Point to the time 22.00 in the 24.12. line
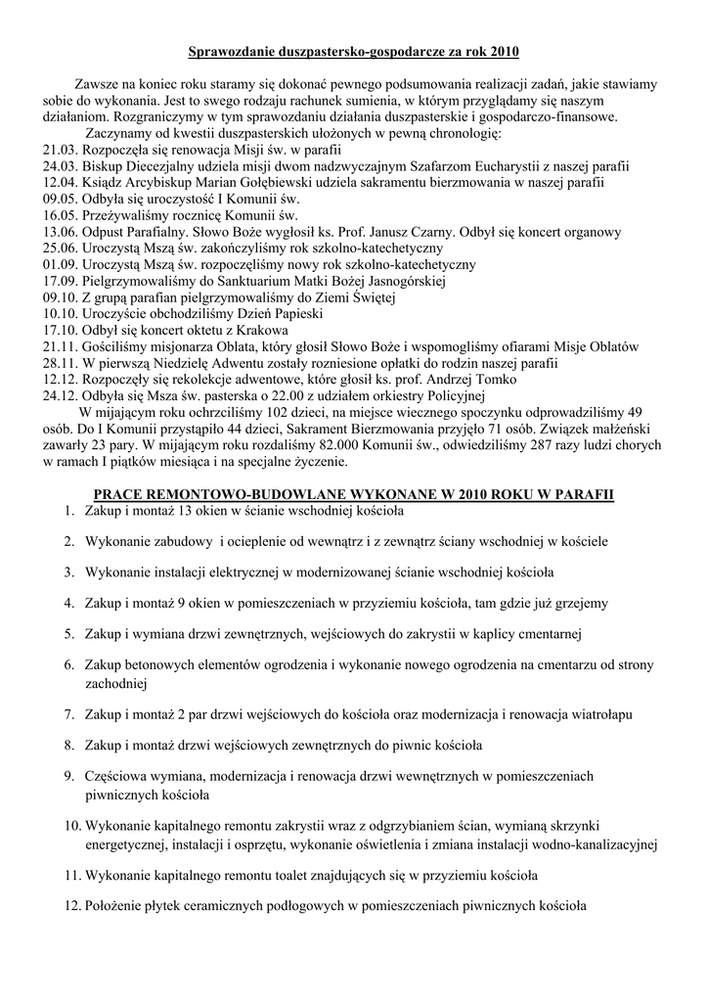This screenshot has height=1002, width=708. [249, 396]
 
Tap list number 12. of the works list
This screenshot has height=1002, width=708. [71, 906]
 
